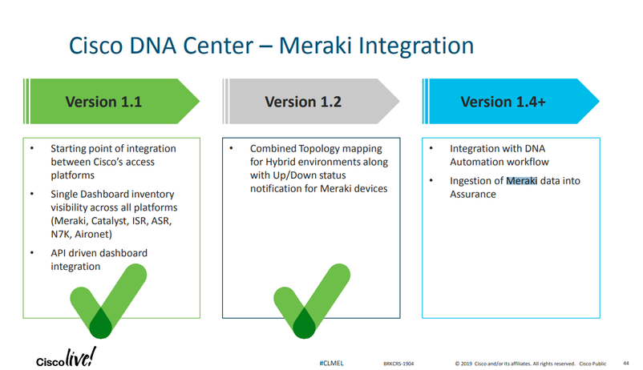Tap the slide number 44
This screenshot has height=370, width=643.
[625, 361]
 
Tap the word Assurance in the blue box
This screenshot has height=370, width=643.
[473, 195]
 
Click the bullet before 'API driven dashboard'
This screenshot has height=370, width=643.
[32, 253]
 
